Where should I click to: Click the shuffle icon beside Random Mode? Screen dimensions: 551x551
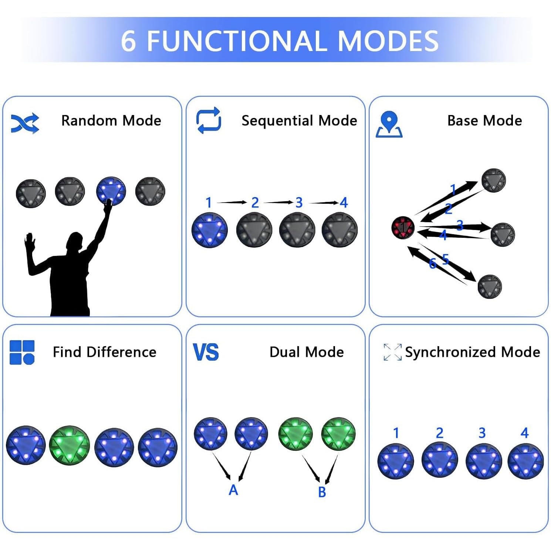(x=25, y=123)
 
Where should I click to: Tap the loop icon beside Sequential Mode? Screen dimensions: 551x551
(x=209, y=120)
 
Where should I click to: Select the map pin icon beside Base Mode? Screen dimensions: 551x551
(x=389, y=125)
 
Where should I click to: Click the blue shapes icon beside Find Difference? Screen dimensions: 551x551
(x=22, y=352)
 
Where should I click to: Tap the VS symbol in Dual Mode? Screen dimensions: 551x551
(x=206, y=352)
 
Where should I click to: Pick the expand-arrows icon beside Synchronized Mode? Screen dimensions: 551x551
(x=392, y=352)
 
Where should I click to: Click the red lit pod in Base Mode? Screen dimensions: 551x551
(x=403, y=227)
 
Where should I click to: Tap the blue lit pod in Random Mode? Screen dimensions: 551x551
(x=111, y=191)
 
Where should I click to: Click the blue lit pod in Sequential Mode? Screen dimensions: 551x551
(x=210, y=230)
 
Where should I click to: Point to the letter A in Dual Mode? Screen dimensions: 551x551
(x=233, y=490)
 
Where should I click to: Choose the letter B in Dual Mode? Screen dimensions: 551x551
(x=322, y=492)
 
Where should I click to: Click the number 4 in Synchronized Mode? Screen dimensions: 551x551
(x=524, y=433)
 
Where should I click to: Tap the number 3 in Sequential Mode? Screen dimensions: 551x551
(x=299, y=203)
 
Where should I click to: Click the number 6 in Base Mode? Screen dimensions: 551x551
(x=433, y=264)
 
